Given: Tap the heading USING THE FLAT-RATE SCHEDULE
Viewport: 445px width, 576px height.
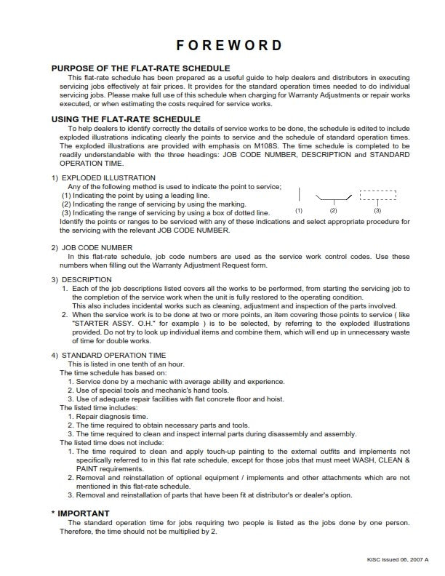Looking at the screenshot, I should pyautogui.click(x=126, y=119).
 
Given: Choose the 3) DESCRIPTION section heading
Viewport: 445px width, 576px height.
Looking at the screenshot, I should pyautogui.click(x=81, y=280).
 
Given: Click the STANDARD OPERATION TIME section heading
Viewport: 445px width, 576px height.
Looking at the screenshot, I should pyautogui.click(x=108, y=355).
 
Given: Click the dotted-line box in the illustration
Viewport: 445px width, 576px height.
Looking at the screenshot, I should pyautogui.click(x=378, y=195).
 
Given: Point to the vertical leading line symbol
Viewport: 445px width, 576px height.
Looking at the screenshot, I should pyautogui.click(x=299, y=194).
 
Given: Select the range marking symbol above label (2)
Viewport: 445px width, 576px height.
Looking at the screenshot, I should pyautogui.click(x=334, y=197).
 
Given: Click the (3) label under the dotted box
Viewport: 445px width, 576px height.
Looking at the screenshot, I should pyautogui.click(x=377, y=210).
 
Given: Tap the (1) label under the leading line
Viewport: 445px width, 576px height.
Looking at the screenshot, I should pyautogui.click(x=298, y=210).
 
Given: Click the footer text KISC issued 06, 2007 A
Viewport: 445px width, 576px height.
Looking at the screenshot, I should pyautogui.click(x=398, y=558).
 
